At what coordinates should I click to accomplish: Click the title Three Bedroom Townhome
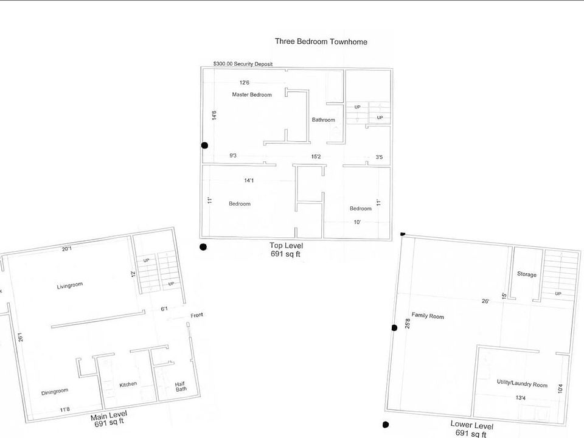click(321, 42)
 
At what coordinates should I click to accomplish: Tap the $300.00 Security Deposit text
click(243, 64)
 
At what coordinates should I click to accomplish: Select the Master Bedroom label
click(252, 95)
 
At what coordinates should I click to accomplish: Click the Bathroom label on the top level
click(323, 120)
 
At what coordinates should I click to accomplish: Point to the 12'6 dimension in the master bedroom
click(245, 83)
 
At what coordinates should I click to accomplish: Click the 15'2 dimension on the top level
click(316, 157)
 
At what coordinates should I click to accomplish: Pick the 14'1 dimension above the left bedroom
click(249, 181)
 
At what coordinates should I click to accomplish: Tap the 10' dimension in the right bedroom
click(357, 223)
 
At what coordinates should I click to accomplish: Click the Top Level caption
click(286, 245)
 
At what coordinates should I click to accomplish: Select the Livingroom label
click(69, 285)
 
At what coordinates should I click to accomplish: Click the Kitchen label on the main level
click(128, 384)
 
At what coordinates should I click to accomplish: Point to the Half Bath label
click(181, 387)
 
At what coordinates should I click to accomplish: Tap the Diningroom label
click(55, 392)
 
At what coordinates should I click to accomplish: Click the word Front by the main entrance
click(196, 315)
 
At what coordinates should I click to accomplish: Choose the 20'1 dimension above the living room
click(67, 248)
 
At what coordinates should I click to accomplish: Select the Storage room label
click(527, 274)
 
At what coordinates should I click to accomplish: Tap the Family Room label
click(428, 316)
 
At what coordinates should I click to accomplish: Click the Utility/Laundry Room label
click(522, 383)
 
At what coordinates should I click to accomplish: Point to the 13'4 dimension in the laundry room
click(520, 398)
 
